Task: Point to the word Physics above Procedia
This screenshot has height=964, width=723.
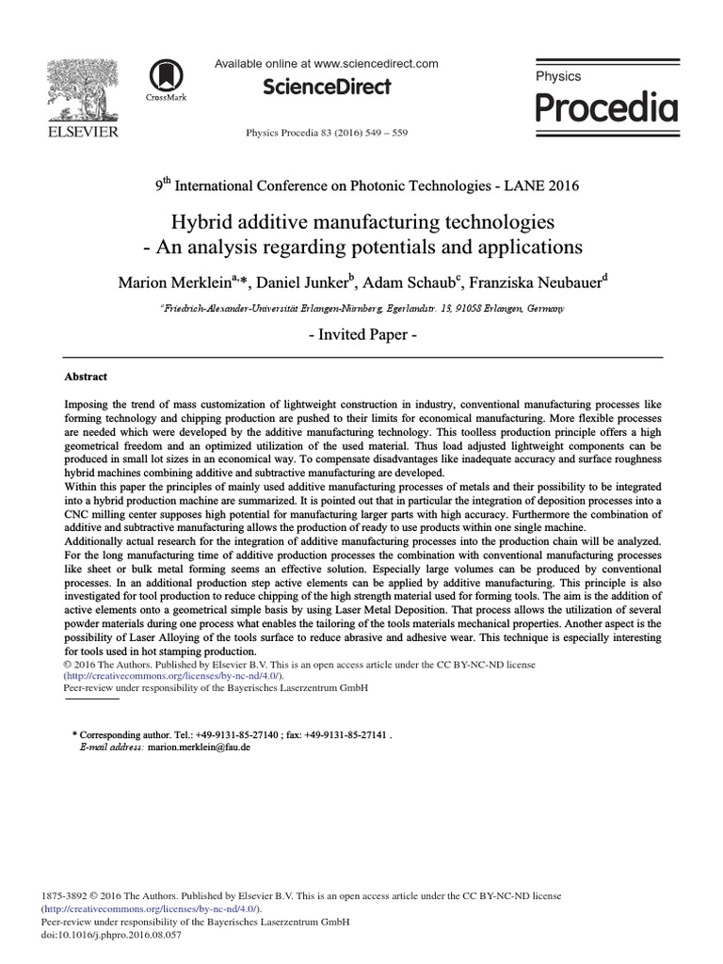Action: click(x=558, y=76)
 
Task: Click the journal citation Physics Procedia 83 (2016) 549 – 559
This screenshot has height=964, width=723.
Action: click(x=326, y=133)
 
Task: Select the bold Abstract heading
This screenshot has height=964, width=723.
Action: click(x=86, y=376)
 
